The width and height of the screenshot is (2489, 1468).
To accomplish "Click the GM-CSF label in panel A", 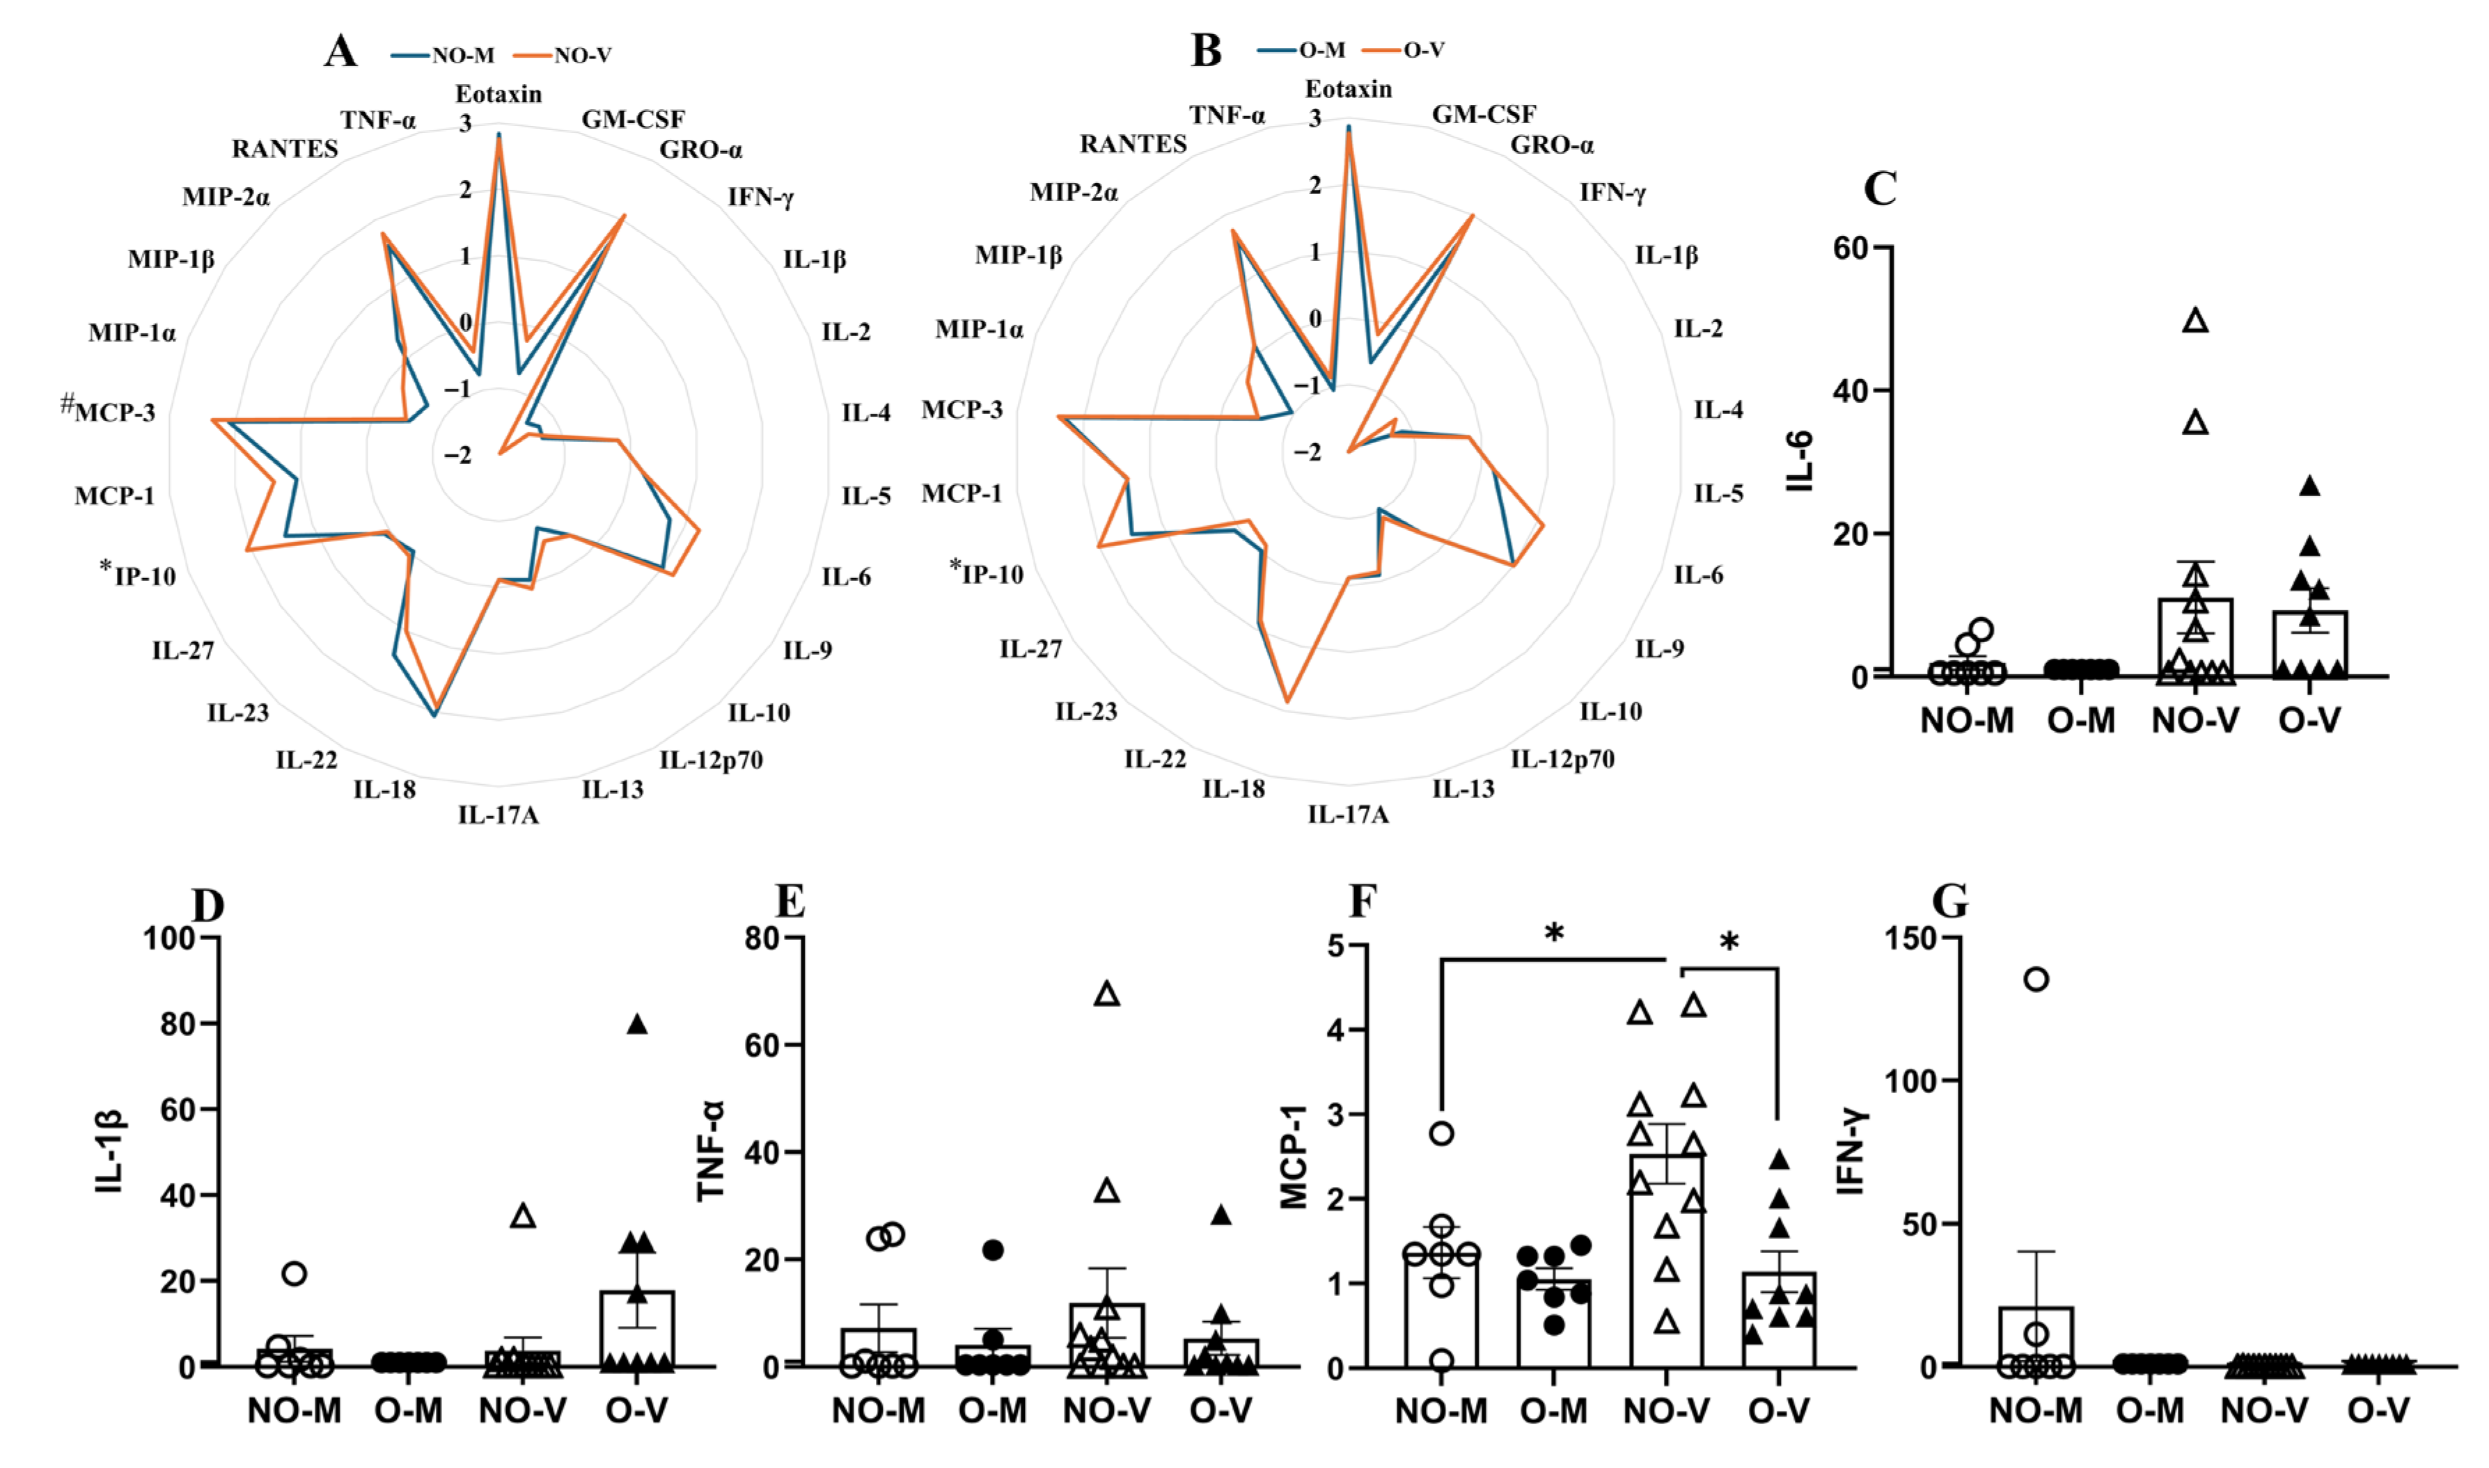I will click(x=634, y=120).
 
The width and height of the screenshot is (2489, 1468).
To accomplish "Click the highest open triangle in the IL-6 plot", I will click(x=2196, y=321).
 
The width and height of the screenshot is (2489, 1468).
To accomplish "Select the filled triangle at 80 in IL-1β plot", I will click(x=637, y=1025).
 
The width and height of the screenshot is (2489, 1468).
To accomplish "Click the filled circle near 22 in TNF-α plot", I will click(x=993, y=1250).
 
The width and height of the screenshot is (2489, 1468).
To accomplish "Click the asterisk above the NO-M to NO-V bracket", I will click(x=1554, y=933).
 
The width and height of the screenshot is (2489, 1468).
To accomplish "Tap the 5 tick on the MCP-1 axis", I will click(x=1336, y=945).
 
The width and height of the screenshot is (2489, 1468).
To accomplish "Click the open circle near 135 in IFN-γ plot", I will click(x=2036, y=980).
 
